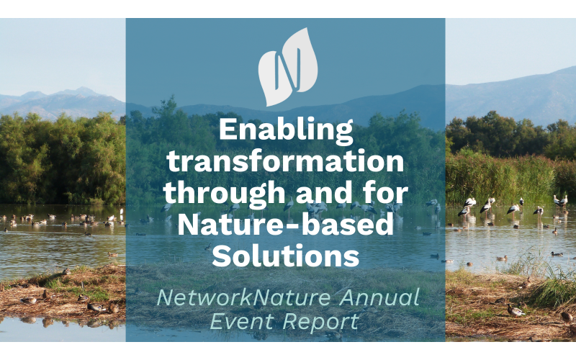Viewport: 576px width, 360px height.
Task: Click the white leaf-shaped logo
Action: pyautogui.click(x=288, y=67)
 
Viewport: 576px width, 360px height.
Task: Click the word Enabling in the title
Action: pyautogui.click(x=286, y=132)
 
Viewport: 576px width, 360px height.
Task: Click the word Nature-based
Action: pyautogui.click(x=285, y=224)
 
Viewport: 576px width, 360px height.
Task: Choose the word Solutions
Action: pyautogui.click(x=285, y=256)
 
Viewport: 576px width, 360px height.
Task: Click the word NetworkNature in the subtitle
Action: pyautogui.click(x=243, y=297)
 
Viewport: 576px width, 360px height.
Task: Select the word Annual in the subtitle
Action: pyautogui.click(x=379, y=297)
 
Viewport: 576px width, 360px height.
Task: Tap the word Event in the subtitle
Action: pyautogui.click(x=241, y=321)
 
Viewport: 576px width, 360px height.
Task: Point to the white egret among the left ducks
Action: pyautogui.click(x=121, y=212)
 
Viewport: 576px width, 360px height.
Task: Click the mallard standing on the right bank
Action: pyautogui.click(x=516, y=311)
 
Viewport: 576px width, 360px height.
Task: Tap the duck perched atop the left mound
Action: pyautogui.click(x=66, y=272)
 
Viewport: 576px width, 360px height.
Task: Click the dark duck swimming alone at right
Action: pyautogui.click(x=557, y=254)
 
